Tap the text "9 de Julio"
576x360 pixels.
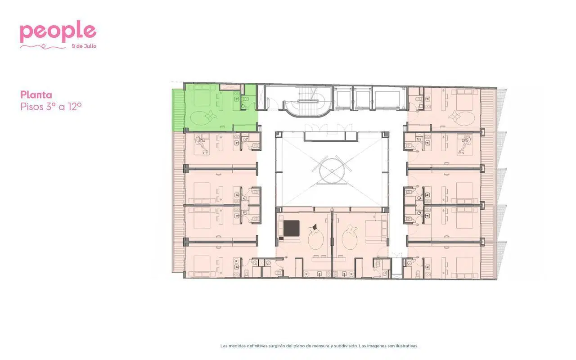coord(84,46)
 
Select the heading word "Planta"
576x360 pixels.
coord(36,95)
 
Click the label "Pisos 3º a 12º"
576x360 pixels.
coord(51,107)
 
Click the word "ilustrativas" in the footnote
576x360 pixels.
coord(407,346)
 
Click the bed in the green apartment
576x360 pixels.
coord(202,96)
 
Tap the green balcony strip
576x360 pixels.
coord(178,110)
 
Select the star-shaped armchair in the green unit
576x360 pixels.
coord(210,117)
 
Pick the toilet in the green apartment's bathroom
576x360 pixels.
coord(245,99)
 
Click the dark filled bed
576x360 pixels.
coord(291,228)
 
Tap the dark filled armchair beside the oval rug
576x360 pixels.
coord(314,227)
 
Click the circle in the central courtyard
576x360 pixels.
coord(332,171)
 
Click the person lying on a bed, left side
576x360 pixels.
coord(202,145)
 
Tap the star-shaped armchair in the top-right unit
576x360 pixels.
coord(454,117)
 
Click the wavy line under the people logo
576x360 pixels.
coord(43,47)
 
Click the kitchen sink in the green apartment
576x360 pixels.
coord(236,99)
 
